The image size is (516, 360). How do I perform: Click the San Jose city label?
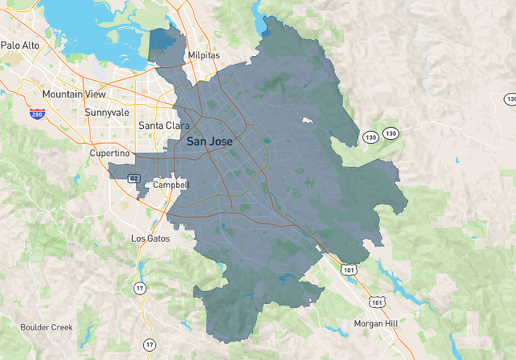210,141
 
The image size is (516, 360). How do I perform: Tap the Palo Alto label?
20,46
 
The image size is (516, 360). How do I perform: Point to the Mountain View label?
74,94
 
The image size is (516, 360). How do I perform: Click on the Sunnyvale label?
107,113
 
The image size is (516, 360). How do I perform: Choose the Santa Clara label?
163,126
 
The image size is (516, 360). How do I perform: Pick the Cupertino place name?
110,153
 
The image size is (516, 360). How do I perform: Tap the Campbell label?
170,185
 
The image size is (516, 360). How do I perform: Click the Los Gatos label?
150,238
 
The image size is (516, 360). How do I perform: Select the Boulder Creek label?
46,327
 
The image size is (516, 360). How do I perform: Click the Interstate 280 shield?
37,114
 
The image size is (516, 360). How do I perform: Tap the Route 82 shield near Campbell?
134,178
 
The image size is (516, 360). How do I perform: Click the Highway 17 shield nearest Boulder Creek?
150,345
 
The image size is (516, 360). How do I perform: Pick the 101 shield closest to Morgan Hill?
377,302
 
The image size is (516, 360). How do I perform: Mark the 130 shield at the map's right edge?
510,98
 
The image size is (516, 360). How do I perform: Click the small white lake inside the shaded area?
306,122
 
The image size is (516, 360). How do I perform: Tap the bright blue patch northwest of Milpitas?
162,40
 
